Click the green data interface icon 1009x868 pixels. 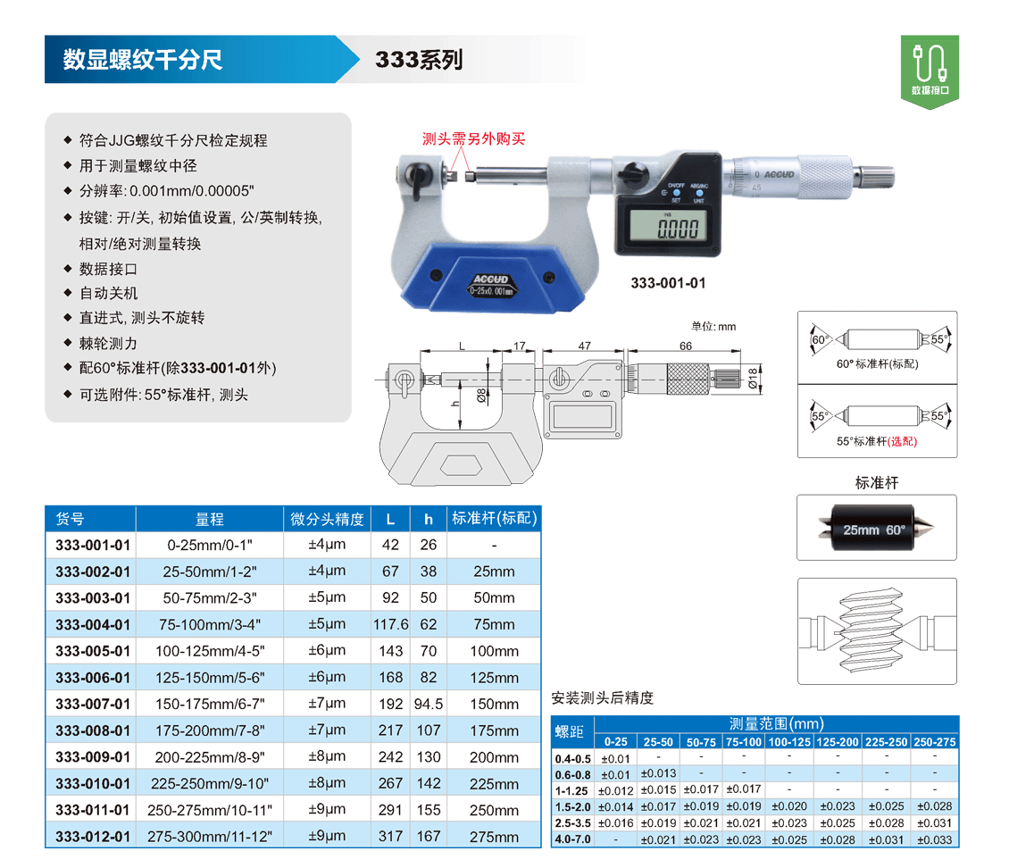pyautogui.click(x=930, y=71)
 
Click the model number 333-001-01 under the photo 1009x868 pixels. pyautogui.click(x=668, y=283)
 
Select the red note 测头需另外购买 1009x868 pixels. pyautogui.click(x=473, y=139)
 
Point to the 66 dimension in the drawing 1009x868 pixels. pyautogui.click(x=686, y=346)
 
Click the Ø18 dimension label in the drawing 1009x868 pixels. pyautogui.click(x=753, y=378)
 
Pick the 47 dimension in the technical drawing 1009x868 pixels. pyautogui.click(x=584, y=346)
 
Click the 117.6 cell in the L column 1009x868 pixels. pyautogui.click(x=390, y=624)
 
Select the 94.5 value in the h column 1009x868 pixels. pyautogui.click(x=428, y=704)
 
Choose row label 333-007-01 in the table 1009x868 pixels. pyautogui.click(x=93, y=704)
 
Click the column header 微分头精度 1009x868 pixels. pyautogui.click(x=327, y=519)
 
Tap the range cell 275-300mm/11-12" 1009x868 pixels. pyautogui.click(x=210, y=837)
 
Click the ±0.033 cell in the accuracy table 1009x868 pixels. pyautogui.click(x=934, y=839)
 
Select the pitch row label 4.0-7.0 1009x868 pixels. pyautogui.click(x=572, y=839)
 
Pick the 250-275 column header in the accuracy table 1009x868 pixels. pyautogui.click(x=934, y=742)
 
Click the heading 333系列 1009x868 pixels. pyautogui.click(x=419, y=60)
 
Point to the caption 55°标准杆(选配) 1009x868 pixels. pyautogui.click(x=877, y=441)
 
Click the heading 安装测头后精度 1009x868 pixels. pyautogui.click(x=603, y=698)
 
